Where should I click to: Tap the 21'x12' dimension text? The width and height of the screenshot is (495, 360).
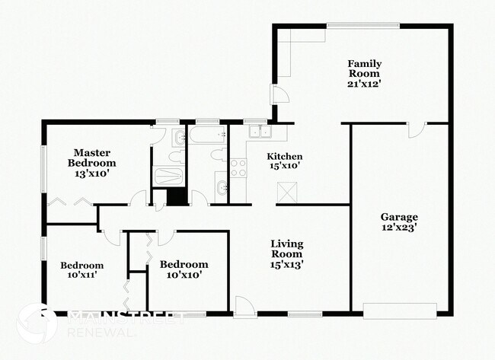point(364,84)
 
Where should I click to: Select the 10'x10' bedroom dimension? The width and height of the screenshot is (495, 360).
point(184,276)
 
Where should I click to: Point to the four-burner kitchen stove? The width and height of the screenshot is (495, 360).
point(238,167)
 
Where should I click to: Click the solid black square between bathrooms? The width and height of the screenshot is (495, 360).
point(177,196)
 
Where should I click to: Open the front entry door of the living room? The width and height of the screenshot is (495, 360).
point(245,307)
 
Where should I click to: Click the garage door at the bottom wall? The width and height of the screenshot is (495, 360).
point(400,310)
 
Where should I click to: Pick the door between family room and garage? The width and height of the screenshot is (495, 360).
point(415,129)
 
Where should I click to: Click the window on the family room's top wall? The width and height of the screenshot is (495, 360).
point(363,26)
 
